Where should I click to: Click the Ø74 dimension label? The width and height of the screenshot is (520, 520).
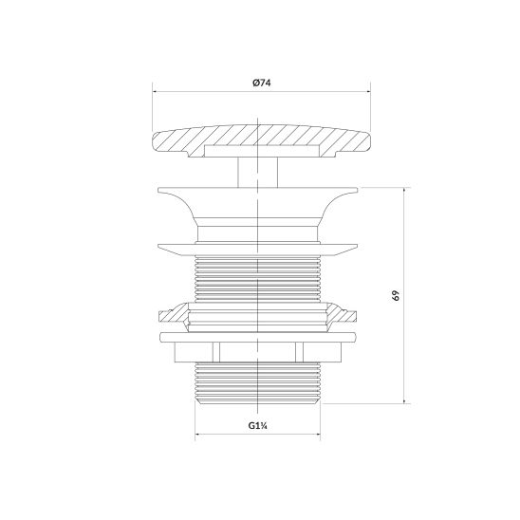click(261, 83)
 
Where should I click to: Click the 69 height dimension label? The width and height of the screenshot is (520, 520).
click(396, 295)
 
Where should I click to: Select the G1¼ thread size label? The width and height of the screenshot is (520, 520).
click(258, 425)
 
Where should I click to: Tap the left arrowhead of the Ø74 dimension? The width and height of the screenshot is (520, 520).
click(155, 92)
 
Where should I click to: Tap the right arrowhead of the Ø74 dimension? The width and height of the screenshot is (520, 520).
click(368, 92)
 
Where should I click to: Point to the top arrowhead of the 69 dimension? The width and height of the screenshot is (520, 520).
click(404, 190)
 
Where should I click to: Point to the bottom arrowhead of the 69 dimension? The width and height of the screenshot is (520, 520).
click(404, 401)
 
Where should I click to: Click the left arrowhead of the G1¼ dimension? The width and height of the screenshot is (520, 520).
click(197, 434)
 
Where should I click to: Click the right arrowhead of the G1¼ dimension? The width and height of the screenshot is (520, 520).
click(318, 434)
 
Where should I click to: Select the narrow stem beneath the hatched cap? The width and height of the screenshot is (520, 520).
click(258, 173)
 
